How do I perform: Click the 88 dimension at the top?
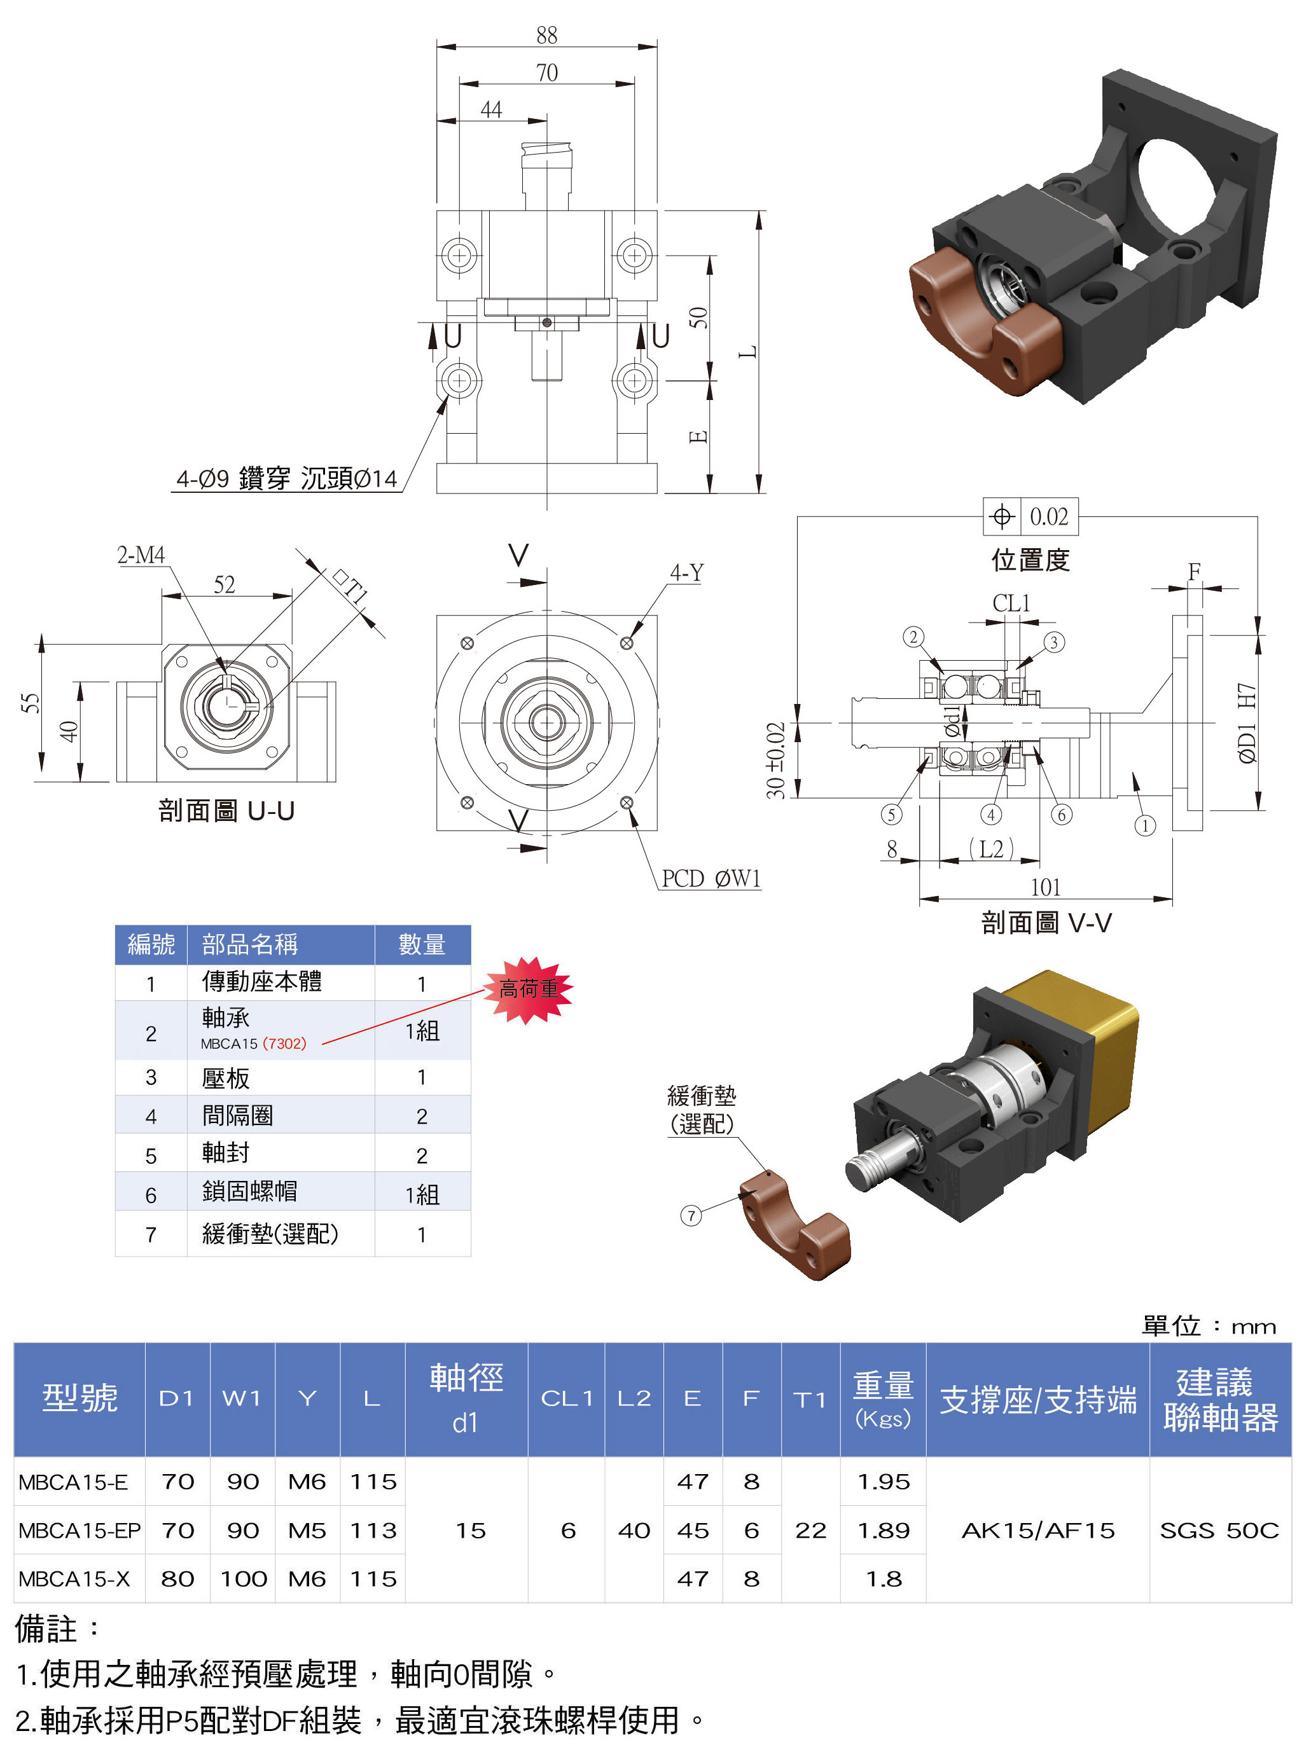(x=546, y=36)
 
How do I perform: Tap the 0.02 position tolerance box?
(x=1031, y=516)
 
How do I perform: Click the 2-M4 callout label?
(x=141, y=555)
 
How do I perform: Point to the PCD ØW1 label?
(x=711, y=878)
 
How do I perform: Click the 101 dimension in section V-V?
(x=1045, y=887)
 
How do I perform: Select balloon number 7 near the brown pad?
(x=690, y=1216)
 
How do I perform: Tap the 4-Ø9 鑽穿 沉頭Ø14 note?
(x=287, y=478)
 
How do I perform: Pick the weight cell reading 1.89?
(x=884, y=1530)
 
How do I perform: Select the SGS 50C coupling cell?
(x=1219, y=1530)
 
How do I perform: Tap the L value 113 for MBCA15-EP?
(x=373, y=1530)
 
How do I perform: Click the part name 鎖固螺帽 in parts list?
(x=249, y=1191)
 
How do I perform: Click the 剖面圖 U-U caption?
(x=226, y=810)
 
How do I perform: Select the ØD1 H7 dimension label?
(x=1246, y=722)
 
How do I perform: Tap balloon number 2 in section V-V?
(x=912, y=637)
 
